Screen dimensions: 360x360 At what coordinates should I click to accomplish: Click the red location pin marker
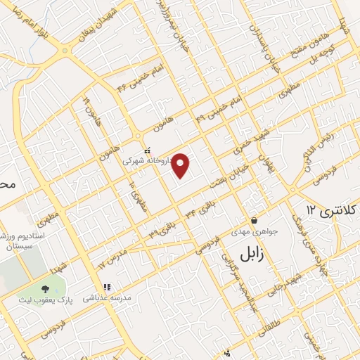(181, 165)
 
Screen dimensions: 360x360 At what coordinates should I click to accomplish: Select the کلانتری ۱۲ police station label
(332, 210)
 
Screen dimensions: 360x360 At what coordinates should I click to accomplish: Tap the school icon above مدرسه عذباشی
(107, 287)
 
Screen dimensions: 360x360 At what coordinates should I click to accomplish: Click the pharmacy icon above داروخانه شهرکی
(146, 150)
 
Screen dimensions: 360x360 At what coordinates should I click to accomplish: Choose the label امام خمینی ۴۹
(214, 107)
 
